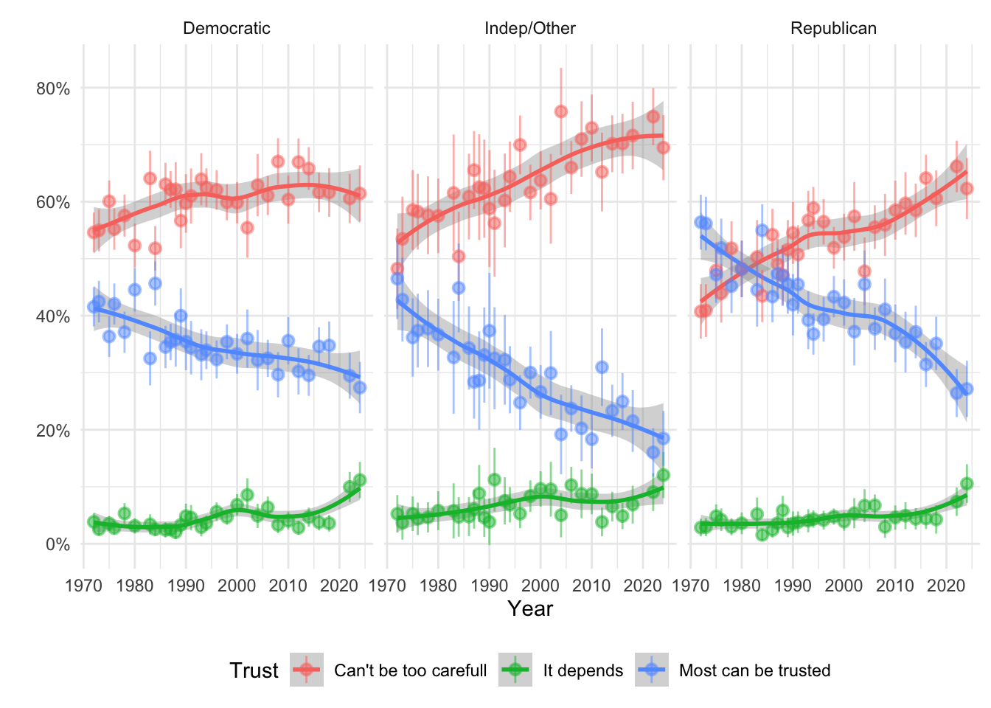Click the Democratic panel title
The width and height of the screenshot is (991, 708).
(226, 29)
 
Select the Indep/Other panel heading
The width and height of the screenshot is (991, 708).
(529, 29)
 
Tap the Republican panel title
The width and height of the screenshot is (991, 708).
(833, 29)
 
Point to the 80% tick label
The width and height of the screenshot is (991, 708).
(53, 88)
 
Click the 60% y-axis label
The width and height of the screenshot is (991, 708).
(53, 203)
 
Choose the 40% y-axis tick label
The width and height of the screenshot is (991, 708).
(53, 316)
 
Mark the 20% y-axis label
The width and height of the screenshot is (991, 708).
(53, 431)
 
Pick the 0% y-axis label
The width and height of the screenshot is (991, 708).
(58, 545)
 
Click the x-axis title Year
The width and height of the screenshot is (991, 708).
(529, 608)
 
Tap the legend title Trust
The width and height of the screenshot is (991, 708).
(254, 670)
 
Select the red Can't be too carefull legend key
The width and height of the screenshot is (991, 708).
(307, 670)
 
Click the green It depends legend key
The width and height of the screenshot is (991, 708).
(515, 670)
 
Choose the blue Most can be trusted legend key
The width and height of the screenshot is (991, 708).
(651, 670)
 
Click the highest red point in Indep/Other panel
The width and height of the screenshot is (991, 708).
(560, 111)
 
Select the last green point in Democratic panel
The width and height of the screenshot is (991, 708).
(360, 480)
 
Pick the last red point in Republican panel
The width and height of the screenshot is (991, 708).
(967, 189)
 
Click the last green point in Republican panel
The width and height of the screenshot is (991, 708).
(967, 484)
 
